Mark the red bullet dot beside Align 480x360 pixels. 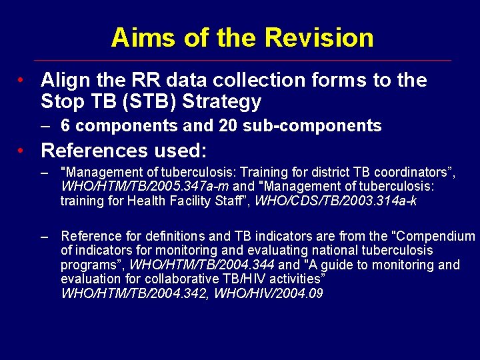pos(23,81)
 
